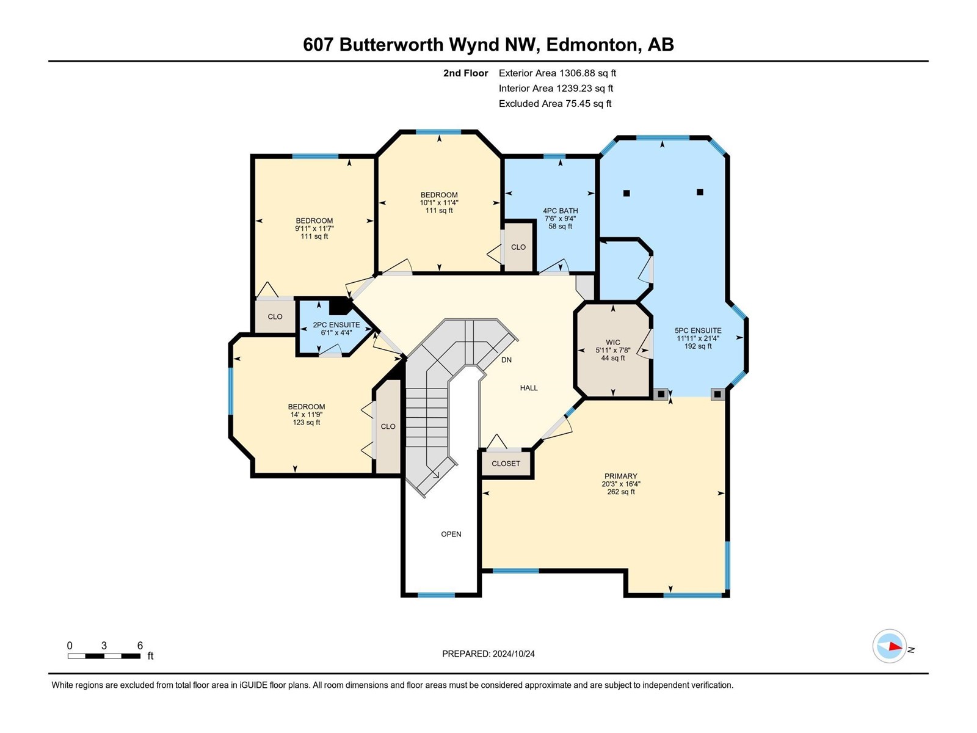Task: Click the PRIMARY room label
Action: pos(621,476)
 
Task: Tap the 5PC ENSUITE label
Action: pos(698,330)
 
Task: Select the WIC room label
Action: pos(613,342)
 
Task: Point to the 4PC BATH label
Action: pos(561,211)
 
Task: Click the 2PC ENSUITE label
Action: pos(336,325)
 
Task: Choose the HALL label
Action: pos(529,388)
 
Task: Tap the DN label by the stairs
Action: pos(507,360)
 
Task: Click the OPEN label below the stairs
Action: pos(451,534)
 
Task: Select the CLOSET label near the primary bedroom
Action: pos(506,463)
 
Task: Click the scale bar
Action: pos(104,655)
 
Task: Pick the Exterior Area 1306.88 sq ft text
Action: pos(558,73)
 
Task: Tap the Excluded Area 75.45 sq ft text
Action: pos(555,104)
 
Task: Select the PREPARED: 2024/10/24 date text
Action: pos(488,654)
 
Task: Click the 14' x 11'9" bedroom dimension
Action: pos(307,414)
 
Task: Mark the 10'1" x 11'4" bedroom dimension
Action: pos(439,203)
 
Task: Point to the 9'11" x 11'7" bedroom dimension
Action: pos(314,228)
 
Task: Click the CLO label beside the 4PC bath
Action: pos(518,247)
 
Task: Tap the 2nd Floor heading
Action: pos(465,73)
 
